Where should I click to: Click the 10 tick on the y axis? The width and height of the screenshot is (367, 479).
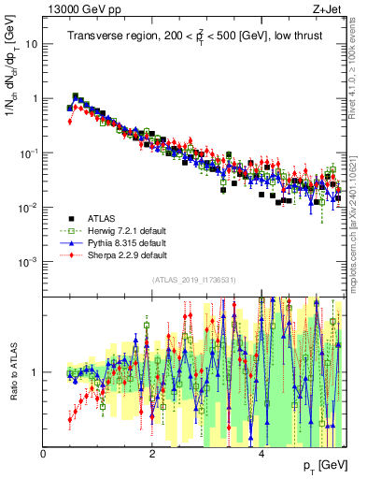33,44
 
